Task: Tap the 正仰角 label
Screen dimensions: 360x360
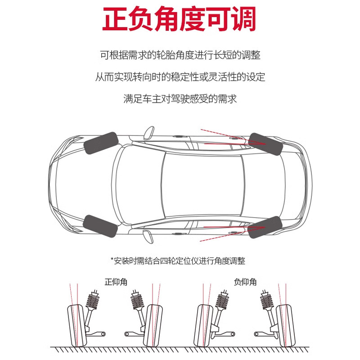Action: pos(116,283)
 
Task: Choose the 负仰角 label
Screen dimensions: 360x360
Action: pos(245,283)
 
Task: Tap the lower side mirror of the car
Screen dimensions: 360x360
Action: pos(146,235)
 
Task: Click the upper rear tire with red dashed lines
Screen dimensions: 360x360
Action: pos(265,143)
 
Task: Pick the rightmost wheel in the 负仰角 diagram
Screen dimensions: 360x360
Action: pos(284,325)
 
